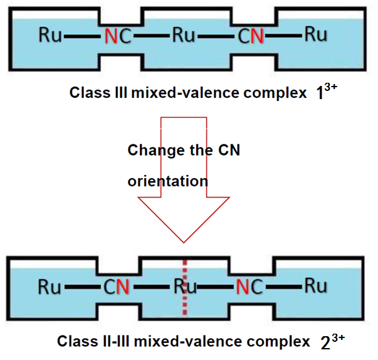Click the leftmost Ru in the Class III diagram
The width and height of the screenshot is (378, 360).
[50, 35]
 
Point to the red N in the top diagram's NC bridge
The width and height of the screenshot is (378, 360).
[110, 36]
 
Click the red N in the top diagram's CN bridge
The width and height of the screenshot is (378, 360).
[256, 36]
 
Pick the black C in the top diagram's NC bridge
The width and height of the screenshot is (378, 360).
[124, 36]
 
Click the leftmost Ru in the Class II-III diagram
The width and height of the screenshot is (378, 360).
[50, 287]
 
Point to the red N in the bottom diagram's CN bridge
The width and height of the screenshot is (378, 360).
[123, 288]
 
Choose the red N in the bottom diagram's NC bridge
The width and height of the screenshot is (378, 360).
[243, 288]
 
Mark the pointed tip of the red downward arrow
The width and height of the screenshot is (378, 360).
[184, 241]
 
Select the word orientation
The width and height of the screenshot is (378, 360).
[167, 181]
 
